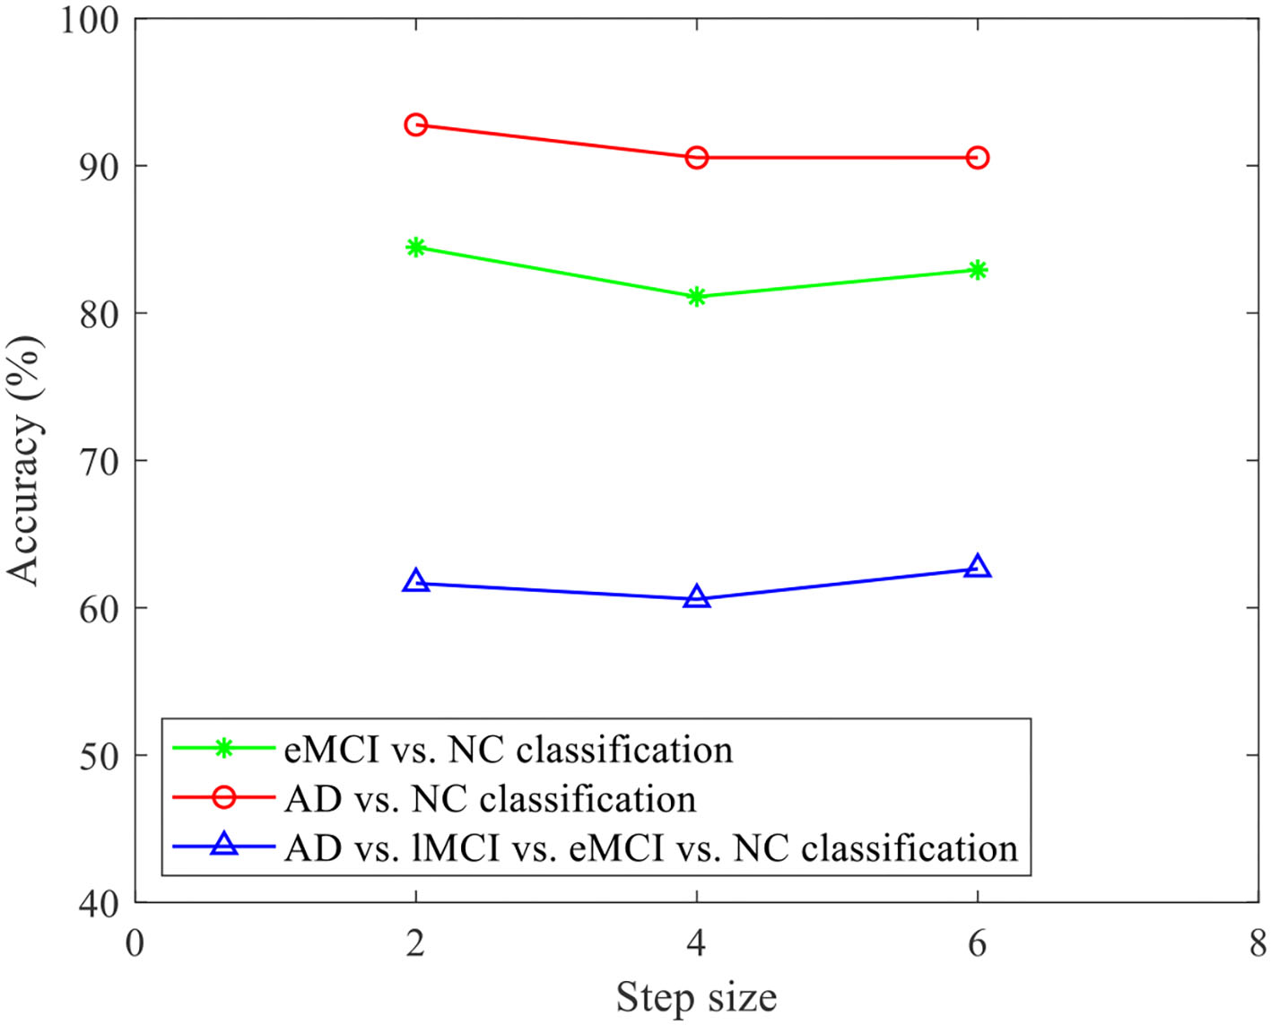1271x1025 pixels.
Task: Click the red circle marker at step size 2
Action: (415, 125)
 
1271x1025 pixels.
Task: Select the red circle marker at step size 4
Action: (696, 158)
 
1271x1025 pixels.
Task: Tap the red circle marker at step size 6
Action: (977, 158)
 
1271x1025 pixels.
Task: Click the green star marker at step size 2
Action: (415, 247)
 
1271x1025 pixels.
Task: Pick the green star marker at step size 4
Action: (696, 297)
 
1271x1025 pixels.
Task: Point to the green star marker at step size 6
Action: (977, 270)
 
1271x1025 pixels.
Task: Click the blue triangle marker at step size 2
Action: (415, 581)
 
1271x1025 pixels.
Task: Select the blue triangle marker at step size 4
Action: (696, 597)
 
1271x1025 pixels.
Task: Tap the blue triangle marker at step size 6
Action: (977, 567)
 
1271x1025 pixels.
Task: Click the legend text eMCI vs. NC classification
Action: (508, 750)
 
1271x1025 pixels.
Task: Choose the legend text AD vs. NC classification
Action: (490, 799)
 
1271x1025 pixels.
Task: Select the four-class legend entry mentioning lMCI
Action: (651, 848)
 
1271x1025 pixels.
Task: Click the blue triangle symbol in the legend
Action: (223, 845)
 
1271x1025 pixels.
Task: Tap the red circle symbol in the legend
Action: (223, 796)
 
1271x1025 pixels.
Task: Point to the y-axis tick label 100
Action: (91, 20)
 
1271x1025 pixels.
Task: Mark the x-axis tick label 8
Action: (1258, 943)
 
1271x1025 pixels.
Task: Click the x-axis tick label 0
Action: (135, 943)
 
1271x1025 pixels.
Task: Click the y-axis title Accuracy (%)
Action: (25, 461)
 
